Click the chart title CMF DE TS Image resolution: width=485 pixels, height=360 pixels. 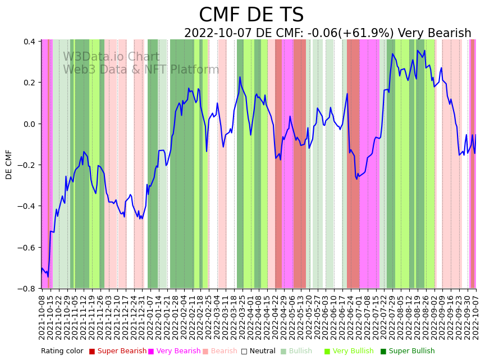tap(251, 15)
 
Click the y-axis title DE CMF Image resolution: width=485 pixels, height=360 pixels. tap(9, 164)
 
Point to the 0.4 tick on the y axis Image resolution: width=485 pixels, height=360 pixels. tap(29, 42)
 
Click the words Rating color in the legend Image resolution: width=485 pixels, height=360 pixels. tap(62, 351)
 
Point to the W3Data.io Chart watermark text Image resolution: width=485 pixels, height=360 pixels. tap(111, 57)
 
